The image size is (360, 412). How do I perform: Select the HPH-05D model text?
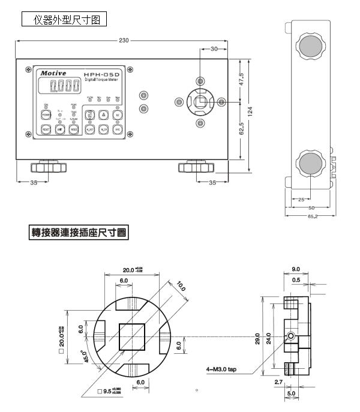[102, 73]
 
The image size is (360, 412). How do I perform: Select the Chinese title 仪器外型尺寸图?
[64, 20]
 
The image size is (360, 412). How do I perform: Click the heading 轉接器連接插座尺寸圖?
[79, 232]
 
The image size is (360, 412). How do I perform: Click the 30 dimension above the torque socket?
[214, 50]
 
